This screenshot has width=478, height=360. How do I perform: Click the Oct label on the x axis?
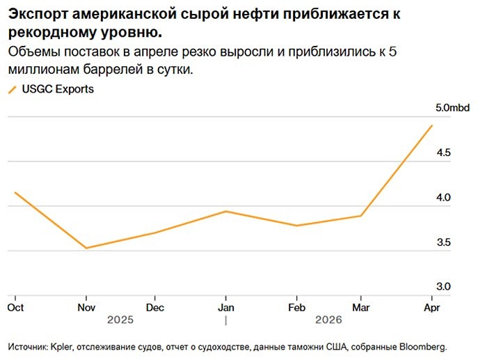[x=15, y=307]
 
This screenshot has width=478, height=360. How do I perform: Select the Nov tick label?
[x=86, y=307]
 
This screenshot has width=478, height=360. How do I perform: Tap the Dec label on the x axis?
[x=155, y=307]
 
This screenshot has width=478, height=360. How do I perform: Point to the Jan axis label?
[x=225, y=307]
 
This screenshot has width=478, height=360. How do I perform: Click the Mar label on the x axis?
[x=360, y=307]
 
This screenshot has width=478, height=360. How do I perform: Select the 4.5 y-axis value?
[x=443, y=152]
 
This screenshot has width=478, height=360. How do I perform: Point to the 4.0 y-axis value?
[x=443, y=198]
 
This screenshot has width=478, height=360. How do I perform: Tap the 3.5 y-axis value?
[x=443, y=242]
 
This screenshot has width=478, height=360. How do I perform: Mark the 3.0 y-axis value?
[x=443, y=286]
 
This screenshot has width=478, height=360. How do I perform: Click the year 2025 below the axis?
[x=120, y=320]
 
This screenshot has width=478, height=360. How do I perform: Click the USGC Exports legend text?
[x=58, y=89]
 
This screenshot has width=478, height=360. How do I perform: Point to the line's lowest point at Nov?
[x=86, y=248]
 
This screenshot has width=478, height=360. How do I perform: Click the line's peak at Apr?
[x=432, y=125]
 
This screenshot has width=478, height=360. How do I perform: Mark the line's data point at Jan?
[x=225, y=211]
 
